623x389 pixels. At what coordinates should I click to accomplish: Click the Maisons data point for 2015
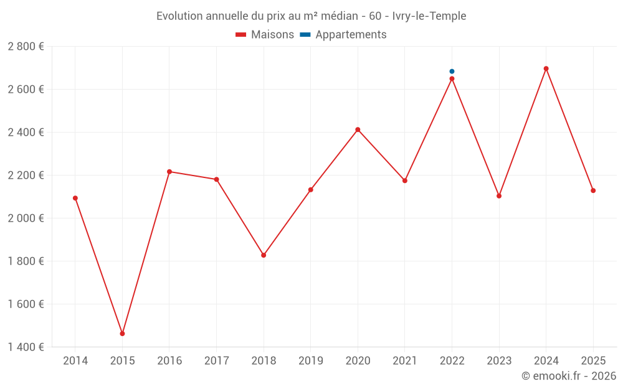click(122, 334)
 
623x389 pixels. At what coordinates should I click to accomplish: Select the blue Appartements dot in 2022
click(452, 72)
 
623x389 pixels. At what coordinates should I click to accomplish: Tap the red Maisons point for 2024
click(546, 68)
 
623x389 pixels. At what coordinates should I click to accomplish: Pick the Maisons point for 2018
click(264, 255)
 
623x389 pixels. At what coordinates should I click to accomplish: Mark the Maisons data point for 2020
click(358, 129)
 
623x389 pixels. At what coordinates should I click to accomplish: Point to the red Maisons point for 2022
click(452, 79)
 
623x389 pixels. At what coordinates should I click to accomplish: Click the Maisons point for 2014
click(75, 198)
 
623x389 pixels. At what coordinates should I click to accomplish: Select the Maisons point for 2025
click(593, 190)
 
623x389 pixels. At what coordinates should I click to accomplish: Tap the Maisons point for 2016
click(169, 172)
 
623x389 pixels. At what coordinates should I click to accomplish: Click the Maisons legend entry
click(265, 35)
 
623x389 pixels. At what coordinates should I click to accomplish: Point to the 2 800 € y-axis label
click(26, 47)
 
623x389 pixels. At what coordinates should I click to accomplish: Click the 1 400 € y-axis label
click(26, 347)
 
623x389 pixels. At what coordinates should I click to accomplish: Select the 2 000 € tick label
click(26, 218)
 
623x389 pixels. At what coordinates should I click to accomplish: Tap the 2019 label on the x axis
click(311, 360)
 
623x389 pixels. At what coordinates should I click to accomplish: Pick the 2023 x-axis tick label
click(499, 360)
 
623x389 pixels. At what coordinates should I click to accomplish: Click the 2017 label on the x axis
click(216, 360)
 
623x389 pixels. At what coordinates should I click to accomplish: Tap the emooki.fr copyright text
click(569, 376)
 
